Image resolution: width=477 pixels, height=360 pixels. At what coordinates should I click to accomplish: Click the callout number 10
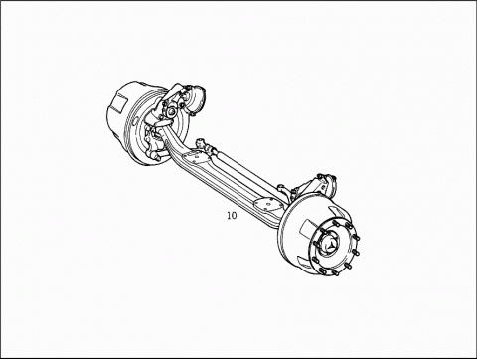(232, 216)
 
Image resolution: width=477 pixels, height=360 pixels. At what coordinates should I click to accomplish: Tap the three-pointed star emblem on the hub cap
(330, 247)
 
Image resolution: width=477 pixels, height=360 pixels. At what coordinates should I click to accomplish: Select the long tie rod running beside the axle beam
(246, 172)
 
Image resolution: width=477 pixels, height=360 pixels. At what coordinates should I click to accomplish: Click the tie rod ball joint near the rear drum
(201, 144)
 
